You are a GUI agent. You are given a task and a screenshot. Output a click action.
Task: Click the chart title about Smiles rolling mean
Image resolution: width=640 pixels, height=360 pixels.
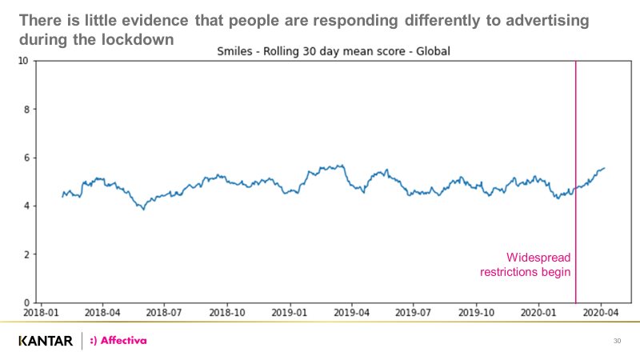point(334,52)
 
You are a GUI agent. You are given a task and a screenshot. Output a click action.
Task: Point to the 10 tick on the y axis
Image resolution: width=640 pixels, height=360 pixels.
point(23,61)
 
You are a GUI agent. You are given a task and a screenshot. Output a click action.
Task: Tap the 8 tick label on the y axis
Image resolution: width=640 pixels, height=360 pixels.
point(26,110)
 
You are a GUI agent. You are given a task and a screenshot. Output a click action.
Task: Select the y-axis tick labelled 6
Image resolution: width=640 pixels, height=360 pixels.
point(26,158)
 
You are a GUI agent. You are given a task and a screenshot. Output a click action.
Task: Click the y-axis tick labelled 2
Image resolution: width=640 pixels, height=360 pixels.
point(26,254)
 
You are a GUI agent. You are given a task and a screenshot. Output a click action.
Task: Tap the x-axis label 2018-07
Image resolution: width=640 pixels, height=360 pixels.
point(164,313)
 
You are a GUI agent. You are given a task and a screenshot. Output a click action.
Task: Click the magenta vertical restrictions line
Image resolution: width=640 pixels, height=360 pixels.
point(576,160)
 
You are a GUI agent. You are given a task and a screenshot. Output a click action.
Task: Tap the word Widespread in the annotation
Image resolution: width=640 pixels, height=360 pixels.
point(538,258)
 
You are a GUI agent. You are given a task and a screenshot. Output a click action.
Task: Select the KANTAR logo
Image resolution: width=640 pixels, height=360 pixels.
point(45,342)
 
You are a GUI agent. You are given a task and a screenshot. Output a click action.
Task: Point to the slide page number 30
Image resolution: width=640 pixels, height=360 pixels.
point(617,342)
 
